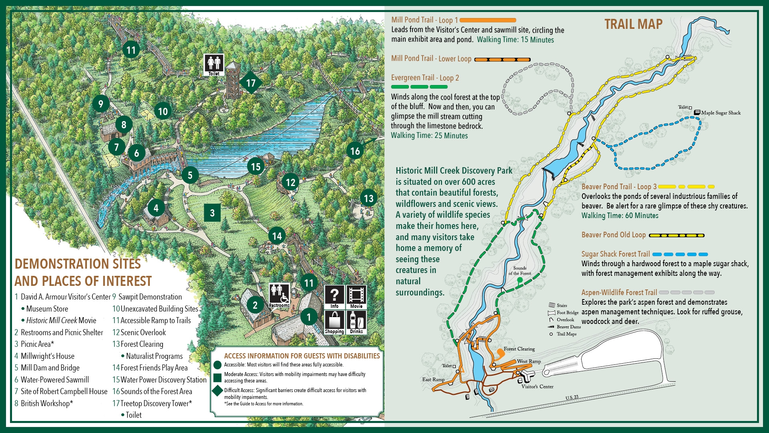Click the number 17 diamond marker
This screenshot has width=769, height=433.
click(x=251, y=83)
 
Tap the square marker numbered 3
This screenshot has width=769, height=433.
click(x=212, y=213)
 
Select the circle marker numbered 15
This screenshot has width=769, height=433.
click(x=256, y=167)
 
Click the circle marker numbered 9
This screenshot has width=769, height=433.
click(x=101, y=104)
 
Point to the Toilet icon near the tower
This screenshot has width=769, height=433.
click(x=214, y=65)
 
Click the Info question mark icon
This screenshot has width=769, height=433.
click(x=334, y=297)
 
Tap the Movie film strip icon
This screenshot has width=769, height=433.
click(x=356, y=297)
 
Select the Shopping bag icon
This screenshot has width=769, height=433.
click(x=334, y=322)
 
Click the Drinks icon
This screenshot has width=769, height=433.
click(x=356, y=322)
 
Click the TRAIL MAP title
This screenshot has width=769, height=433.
click(x=633, y=24)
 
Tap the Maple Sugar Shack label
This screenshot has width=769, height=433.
click(x=721, y=113)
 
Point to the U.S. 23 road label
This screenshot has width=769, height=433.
click(x=572, y=397)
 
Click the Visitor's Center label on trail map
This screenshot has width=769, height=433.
click(x=537, y=386)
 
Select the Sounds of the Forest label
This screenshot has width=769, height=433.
click(x=520, y=271)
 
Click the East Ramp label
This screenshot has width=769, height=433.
click(x=433, y=379)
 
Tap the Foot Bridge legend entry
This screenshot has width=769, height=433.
click(x=567, y=312)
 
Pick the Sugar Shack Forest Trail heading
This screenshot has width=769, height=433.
click(x=615, y=254)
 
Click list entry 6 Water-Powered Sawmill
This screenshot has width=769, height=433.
click(x=52, y=380)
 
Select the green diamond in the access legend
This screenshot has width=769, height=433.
click(x=217, y=391)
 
